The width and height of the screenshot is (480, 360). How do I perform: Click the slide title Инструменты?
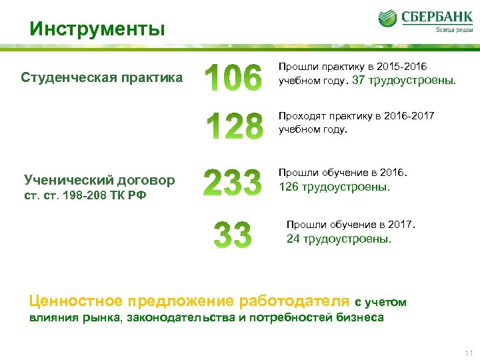(x=97, y=29)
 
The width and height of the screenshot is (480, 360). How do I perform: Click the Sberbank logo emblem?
(x=389, y=19)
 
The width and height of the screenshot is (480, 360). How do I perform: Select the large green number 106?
(x=233, y=79)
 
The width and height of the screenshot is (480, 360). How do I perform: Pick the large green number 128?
(x=233, y=126)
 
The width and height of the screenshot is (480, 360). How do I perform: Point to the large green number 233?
(x=232, y=182)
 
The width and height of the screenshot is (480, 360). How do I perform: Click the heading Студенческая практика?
(x=101, y=77)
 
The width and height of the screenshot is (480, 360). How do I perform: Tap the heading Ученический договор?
(x=99, y=179)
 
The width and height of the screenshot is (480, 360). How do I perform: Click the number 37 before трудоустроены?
(x=359, y=81)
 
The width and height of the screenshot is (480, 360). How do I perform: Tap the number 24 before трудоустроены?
(x=293, y=238)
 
